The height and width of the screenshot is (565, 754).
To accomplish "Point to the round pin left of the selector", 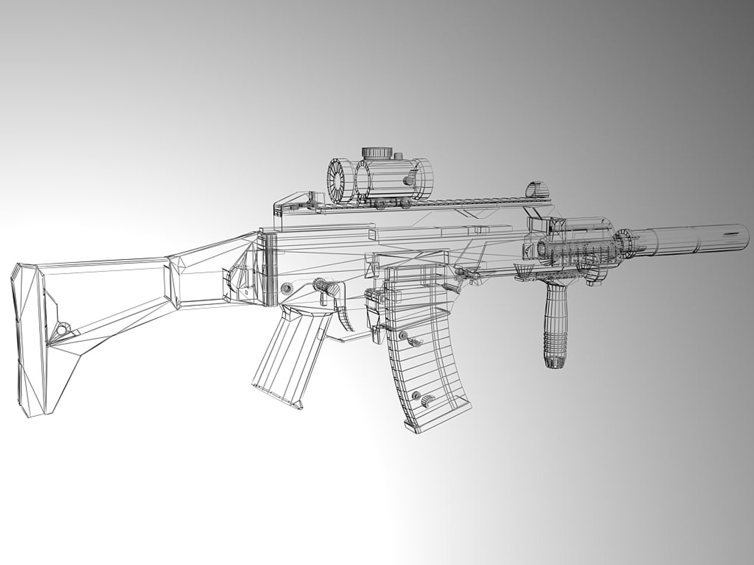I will pyautogui.click(x=287, y=288).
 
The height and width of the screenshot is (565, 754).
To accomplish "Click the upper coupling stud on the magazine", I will pyautogui.click(x=403, y=335).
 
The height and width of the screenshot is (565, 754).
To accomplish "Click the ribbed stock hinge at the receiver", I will pyautogui.click(x=269, y=269).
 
